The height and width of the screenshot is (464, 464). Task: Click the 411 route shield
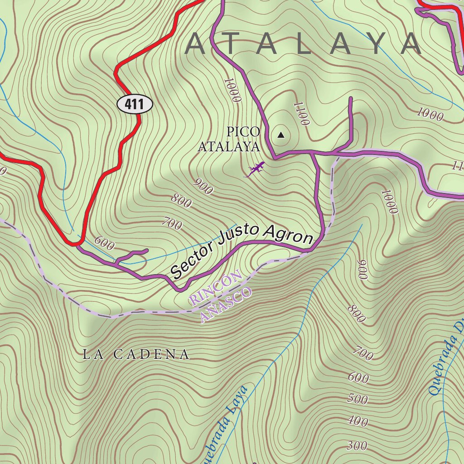[135, 105]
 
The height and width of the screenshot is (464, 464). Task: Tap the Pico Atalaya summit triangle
[281, 135]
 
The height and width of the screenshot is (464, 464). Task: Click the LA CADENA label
[136, 354]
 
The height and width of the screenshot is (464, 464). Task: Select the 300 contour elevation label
[357, 446]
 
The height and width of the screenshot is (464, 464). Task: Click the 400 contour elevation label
[358, 422]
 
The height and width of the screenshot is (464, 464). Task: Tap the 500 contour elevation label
[358, 399]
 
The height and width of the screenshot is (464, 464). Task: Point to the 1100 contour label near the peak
[301, 113]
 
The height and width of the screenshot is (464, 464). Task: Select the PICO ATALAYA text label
[230, 139]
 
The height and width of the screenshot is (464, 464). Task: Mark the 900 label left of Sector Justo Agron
[203, 186]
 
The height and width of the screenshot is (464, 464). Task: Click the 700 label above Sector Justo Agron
[172, 223]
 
